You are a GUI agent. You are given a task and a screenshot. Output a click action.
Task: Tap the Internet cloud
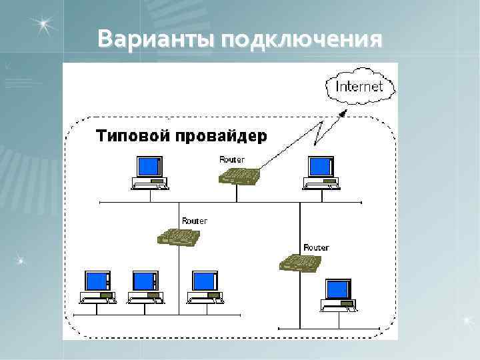click(x=359, y=87)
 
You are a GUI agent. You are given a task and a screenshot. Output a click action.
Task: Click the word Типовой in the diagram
click(x=133, y=137)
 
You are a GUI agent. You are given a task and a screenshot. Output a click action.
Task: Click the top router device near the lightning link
click(x=239, y=176)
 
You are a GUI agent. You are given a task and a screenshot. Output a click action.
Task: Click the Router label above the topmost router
click(x=232, y=159)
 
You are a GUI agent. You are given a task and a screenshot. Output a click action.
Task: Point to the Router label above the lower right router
click(x=316, y=247)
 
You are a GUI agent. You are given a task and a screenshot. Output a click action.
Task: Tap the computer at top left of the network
click(x=149, y=173)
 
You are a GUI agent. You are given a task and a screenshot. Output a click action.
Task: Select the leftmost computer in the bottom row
click(x=97, y=287)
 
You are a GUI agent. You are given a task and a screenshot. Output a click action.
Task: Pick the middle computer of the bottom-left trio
click(x=145, y=287)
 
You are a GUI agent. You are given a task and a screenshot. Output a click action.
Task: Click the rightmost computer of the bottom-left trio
click(x=205, y=287)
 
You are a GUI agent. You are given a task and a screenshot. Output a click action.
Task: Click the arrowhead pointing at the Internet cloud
click(x=343, y=113)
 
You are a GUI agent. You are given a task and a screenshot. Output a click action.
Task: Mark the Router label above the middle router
click(x=194, y=221)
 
